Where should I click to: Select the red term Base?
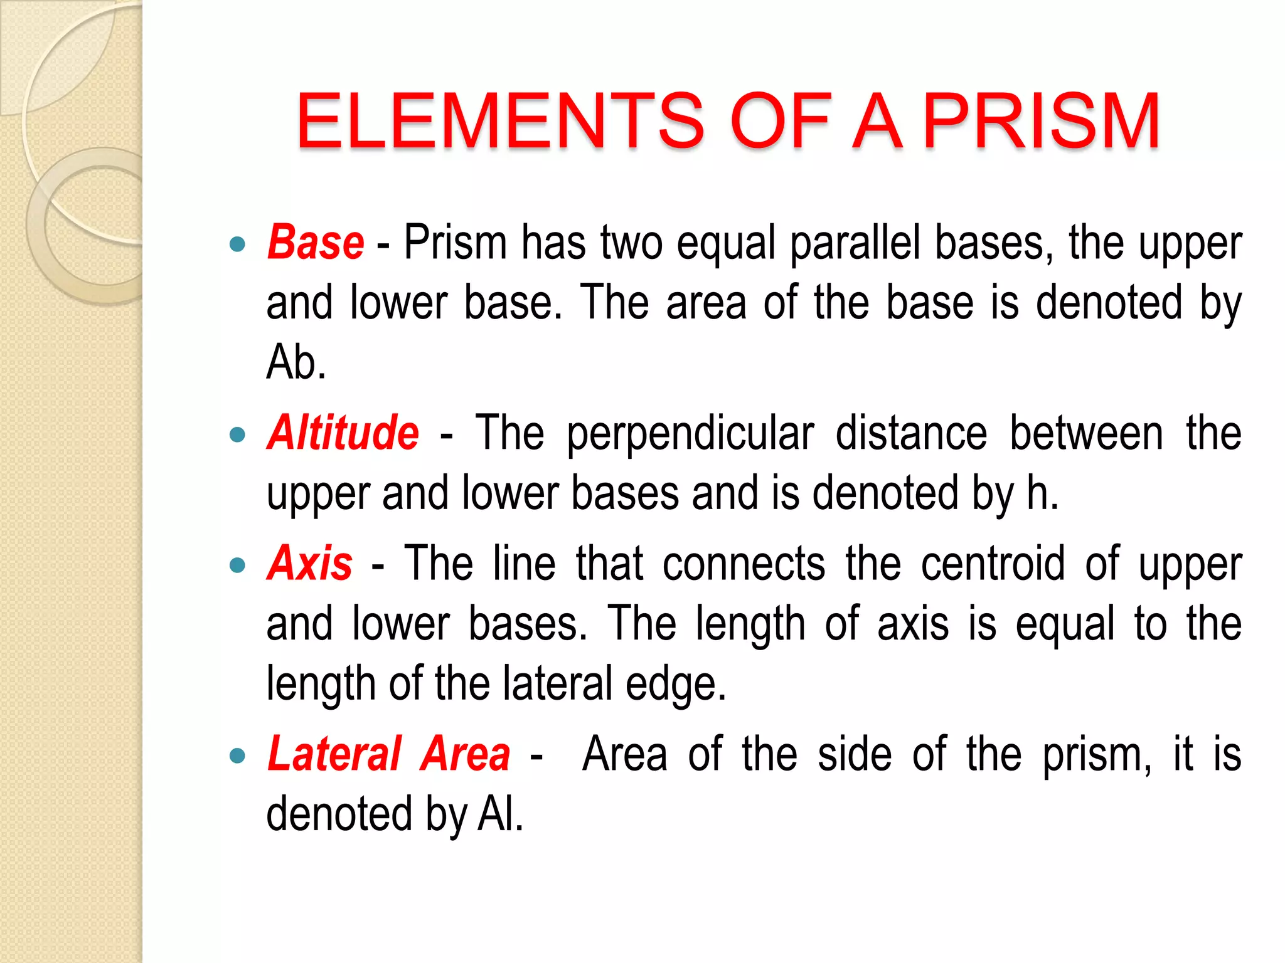pos(316,242)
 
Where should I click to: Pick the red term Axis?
pos(310,562)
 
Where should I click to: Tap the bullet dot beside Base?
pos(237,244)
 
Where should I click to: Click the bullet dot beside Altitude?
pos(237,434)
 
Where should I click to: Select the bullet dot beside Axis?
pos(237,565)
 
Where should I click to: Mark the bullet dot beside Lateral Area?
pos(237,755)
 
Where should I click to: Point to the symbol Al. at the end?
pos(500,814)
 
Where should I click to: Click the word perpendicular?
pos(690,434)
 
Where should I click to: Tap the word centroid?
pos(993,563)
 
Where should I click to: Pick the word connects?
pos(744,563)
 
